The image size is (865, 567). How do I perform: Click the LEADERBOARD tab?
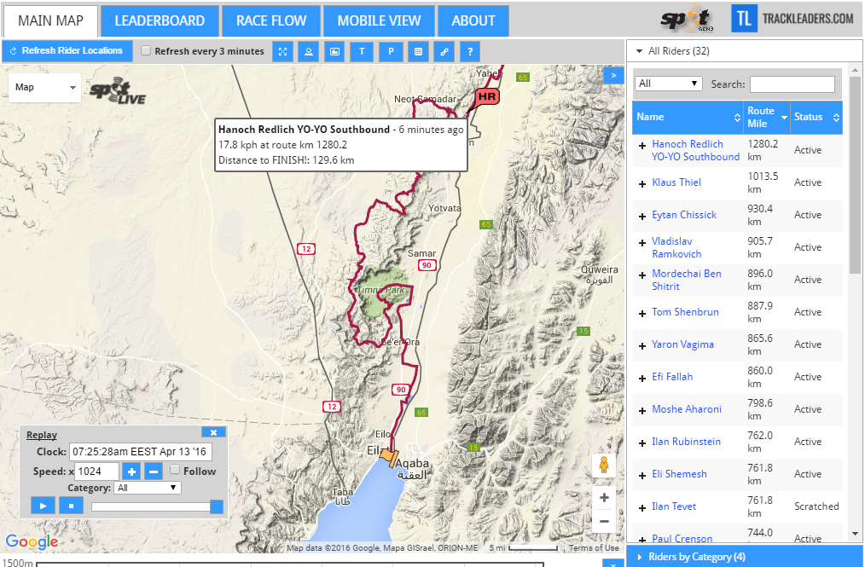(x=160, y=20)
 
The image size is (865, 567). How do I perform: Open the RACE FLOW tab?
(x=271, y=20)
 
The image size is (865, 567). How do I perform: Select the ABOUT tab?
(x=473, y=20)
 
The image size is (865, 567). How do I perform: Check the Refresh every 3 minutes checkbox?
(x=146, y=51)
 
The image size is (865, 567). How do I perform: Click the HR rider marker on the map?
(x=487, y=97)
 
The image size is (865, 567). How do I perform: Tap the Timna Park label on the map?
(x=380, y=290)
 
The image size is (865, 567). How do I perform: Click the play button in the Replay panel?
(x=42, y=506)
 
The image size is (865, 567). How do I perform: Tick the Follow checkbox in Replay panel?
(x=175, y=471)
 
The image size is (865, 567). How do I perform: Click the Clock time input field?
(x=141, y=451)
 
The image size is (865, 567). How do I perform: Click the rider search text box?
(x=792, y=84)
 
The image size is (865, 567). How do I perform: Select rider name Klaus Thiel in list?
(x=676, y=182)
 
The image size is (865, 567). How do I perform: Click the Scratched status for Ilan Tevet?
(x=816, y=506)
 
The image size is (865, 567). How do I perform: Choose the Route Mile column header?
(x=760, y=117)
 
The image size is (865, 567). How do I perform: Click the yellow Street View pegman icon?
(x=604, y=466)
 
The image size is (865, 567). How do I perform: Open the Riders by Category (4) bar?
(x=696, y=557)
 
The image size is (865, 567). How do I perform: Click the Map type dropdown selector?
(x=45, y=87)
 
